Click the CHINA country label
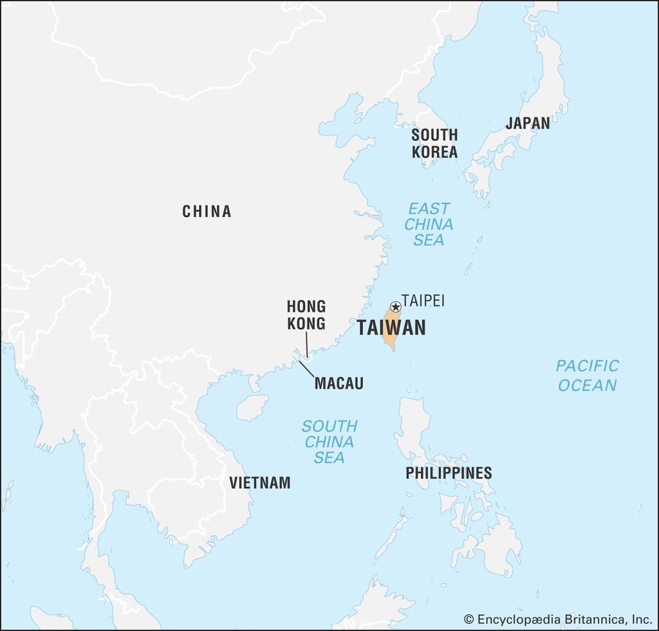pos(207,211)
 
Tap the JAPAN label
pos(527,123)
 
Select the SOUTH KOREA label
pos(434,144)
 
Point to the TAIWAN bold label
pos(391,328)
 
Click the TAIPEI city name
pos(423,301)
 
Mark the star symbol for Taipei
pos(396,307)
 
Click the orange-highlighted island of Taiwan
pos(389,335)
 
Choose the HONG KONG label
pos(306,314)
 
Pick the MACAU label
pos(339,384)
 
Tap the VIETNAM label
pos(260,482)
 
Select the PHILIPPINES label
pos(449,473)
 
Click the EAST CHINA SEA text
pos(429,224)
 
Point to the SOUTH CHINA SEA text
pos(329,442)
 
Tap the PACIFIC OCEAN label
pos(587,375)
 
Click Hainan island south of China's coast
pos(252,408)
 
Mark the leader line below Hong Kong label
pos(306,344)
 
